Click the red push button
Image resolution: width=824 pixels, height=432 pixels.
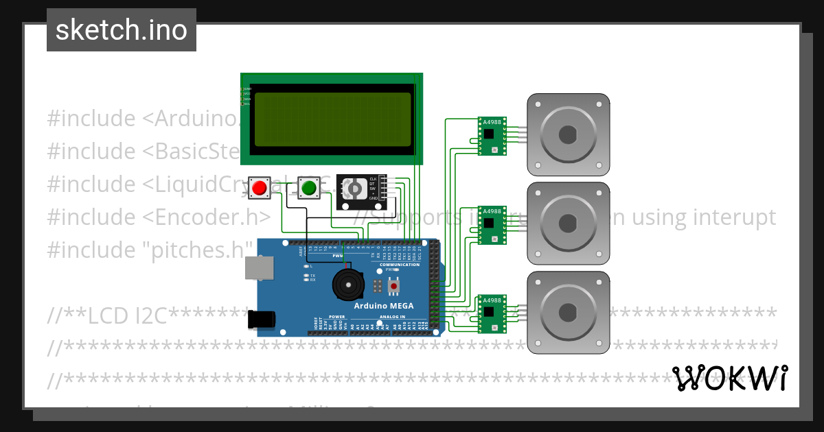[x=260, y=188]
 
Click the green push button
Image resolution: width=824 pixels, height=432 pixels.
[x=308, y=187]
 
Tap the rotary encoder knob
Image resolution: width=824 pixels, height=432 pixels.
[x=354, y=188]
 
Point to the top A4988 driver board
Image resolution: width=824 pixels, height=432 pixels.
[x=492, y=136]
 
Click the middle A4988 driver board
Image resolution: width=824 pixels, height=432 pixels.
[x=492, y=225]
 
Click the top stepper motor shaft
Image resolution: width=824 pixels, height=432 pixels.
[x=568, y=134]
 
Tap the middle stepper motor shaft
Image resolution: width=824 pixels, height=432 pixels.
[x=568, y=224]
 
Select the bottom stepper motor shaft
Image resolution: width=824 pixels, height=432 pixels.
[x=568, y=313]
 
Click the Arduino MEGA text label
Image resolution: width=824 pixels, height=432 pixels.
[x=380, y=306]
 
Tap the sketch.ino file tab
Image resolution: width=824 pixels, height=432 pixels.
[x=122, y=30]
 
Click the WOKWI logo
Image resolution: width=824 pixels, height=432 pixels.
[x=730, y=378]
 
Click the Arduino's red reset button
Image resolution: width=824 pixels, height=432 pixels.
[x=393, y=285]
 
